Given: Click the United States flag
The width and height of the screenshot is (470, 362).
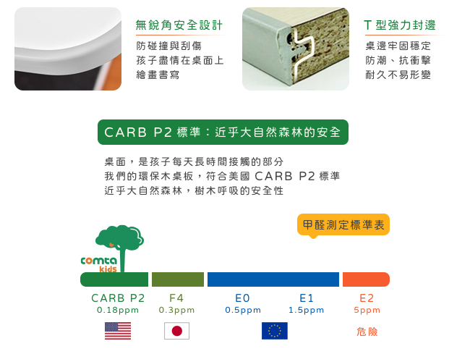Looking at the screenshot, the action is tap(118, 331).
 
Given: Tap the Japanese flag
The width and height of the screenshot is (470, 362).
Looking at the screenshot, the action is tap(177, 331).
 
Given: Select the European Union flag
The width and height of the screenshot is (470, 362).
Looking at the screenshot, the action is tap(275, 331).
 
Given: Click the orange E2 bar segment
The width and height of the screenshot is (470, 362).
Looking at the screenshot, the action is tap(366, 279).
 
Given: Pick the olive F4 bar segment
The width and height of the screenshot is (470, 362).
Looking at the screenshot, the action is tap(178, 279).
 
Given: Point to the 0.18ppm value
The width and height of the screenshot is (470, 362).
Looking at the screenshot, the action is tap(118, 310).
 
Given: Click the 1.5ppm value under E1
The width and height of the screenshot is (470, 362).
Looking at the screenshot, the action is tap(306, 310).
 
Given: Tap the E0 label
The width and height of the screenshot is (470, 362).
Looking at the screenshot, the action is tap(242, 298).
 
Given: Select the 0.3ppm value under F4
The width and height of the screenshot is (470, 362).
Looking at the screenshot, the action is tap(177, 310).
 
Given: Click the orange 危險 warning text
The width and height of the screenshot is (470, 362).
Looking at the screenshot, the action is tap(367, 332).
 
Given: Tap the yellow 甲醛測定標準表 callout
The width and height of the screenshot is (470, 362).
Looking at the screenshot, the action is tap(343, 225).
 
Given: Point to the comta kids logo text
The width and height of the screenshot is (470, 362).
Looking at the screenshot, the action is tap(99, 264).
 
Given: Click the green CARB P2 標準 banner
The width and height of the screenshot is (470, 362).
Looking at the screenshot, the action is tap(223, 132).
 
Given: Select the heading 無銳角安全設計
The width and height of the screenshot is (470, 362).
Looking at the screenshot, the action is tap(179, 25).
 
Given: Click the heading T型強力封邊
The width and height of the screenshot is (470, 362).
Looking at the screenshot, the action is tap(400, 25).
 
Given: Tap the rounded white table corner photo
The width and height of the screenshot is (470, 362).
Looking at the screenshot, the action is tap(68, 49).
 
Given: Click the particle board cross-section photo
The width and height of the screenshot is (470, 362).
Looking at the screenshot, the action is tap(296, 49).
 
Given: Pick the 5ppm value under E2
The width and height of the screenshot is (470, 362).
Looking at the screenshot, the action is tap(367, 310).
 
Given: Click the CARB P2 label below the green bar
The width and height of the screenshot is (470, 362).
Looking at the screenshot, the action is tap(118, 298).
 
